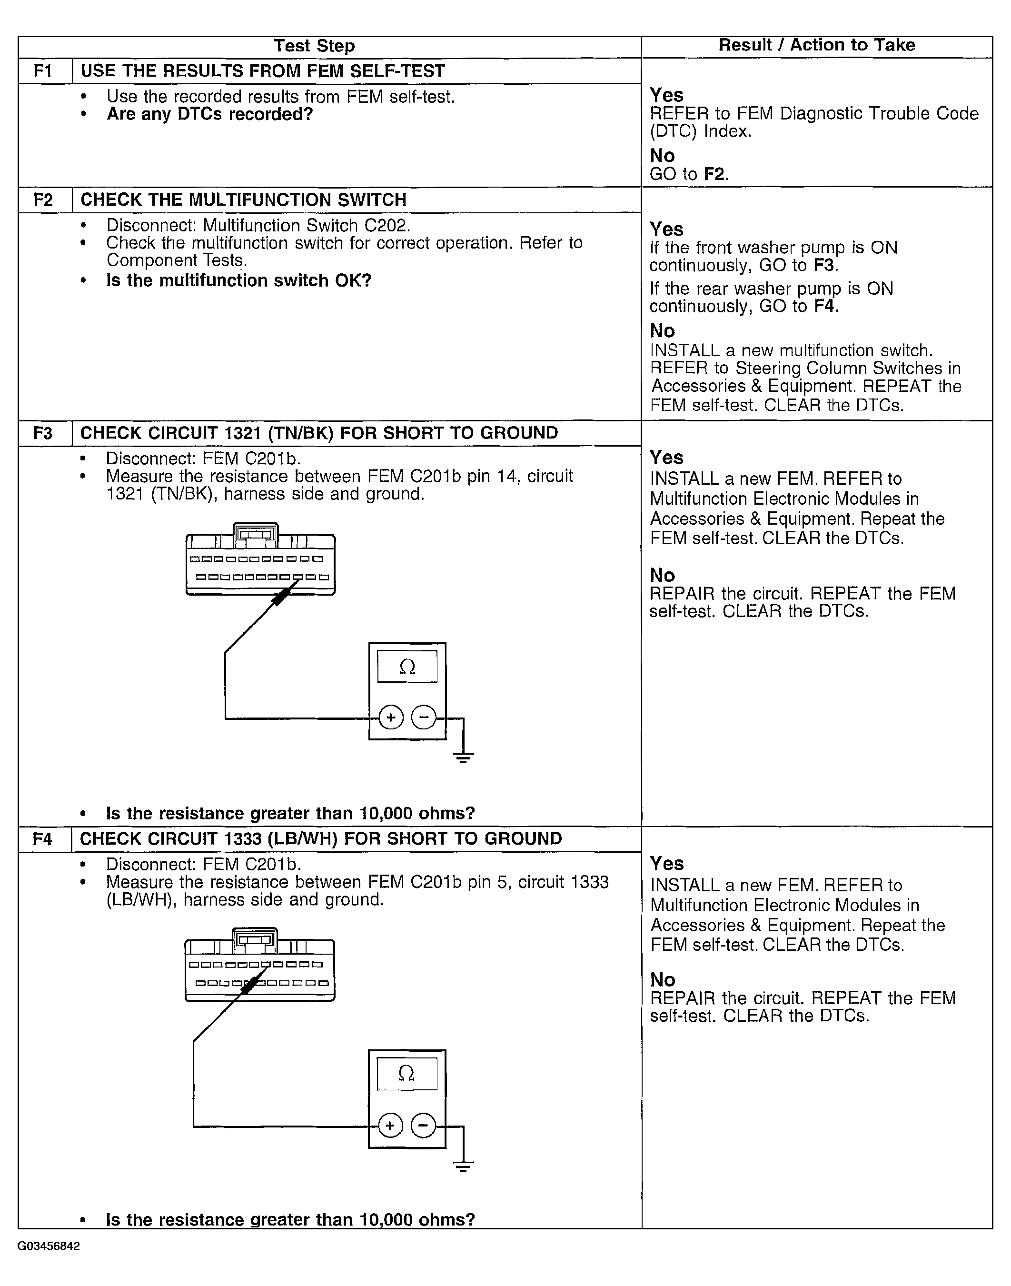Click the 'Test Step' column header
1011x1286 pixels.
(x=314, y=46)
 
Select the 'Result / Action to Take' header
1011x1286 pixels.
(x=817, y=46)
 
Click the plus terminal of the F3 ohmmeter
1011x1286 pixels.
(x=391, y=718)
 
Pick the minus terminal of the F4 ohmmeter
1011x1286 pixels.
(x=423, y=1126)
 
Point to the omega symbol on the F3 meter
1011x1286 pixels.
(x=407, y=667)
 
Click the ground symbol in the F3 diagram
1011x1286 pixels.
(x=463, y=756)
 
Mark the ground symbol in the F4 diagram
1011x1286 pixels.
(x=463, y=1164)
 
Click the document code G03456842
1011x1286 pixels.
(x=49, y=1246)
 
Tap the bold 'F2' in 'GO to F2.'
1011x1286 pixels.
(x=714, y=174)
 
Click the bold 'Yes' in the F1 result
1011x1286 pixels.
(x=666, y=95)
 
